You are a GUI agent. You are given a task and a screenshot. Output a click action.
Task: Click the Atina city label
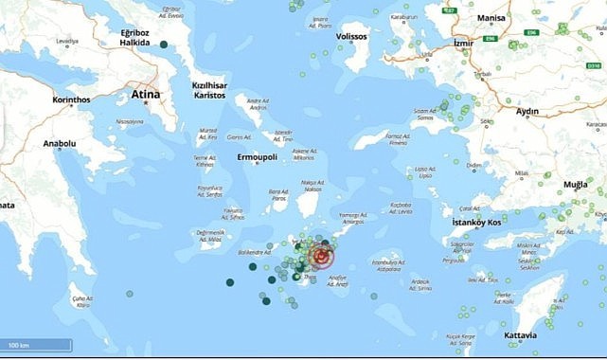[x=144, y=95]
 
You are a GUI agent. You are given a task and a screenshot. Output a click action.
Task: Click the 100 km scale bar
[x=35, y=343]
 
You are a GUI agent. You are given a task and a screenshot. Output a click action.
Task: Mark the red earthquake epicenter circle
[x=323, y=257]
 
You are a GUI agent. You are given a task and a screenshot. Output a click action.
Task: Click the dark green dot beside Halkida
[x=164, y=45]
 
